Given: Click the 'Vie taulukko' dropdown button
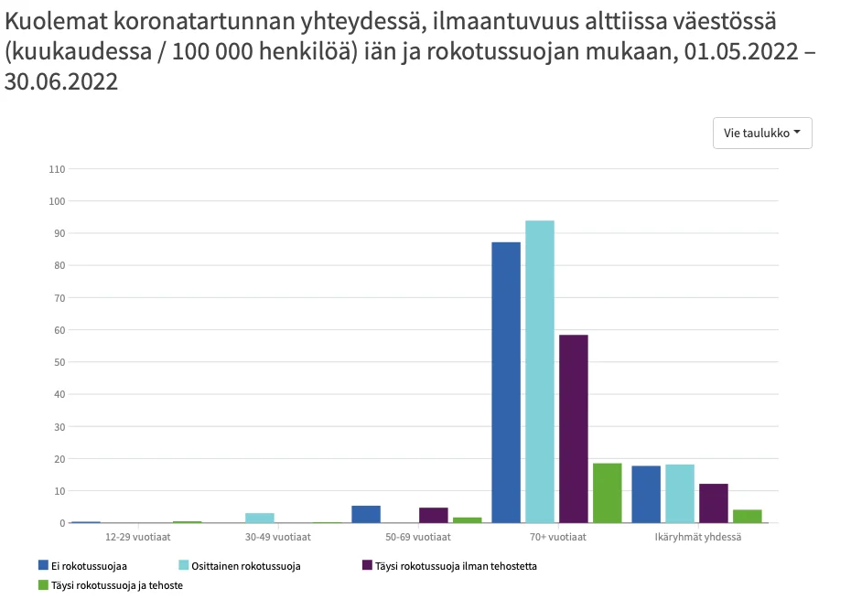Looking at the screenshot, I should tap(761, 133).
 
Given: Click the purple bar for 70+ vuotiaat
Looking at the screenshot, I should tap(574, 429).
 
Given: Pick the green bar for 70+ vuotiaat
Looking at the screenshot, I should tap(607, 493).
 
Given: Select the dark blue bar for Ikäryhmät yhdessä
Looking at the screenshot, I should tap(646, 494).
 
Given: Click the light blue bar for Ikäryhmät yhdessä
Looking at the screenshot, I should tap(679, 494).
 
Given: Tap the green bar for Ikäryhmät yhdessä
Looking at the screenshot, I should tap(747, 516).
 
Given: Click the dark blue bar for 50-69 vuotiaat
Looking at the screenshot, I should tap(366, 514).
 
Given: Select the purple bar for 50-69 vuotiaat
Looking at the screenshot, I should tap(434, 515).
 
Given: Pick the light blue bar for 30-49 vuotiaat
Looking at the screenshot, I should tap(260, 518).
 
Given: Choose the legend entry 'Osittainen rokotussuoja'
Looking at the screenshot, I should tap(239, 566).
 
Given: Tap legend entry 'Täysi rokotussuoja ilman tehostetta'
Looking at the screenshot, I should tap(448, 566).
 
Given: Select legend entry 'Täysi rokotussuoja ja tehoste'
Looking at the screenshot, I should tap(110, 585).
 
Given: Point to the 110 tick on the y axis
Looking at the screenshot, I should tap(57, 169).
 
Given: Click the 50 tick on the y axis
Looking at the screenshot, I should tap(59, 362).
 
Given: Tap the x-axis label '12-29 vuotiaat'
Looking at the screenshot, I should tap(138, 537).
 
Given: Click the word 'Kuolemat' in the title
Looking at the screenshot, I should tap(54, 21).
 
